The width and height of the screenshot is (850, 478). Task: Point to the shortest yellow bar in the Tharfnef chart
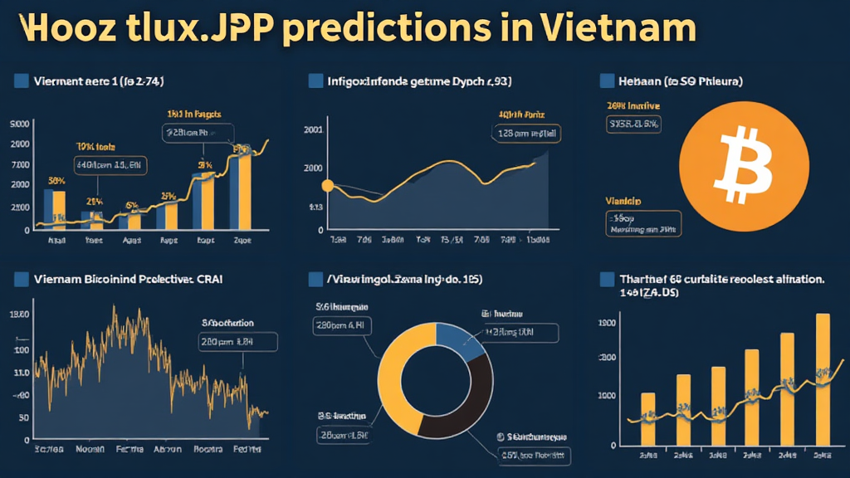click(648, 419)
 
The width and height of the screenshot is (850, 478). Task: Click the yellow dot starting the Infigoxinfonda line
click(326, 186)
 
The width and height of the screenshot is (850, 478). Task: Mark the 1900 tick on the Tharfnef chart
click(607, 323)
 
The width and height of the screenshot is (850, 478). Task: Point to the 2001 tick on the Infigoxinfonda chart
click(314, 130)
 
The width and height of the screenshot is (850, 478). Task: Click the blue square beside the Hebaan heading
click(606, 80)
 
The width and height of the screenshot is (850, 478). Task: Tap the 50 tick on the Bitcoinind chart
click(24, 417)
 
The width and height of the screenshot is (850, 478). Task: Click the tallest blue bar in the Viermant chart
click(235, 191)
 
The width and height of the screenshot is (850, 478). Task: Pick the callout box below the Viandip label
click(640, 222)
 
